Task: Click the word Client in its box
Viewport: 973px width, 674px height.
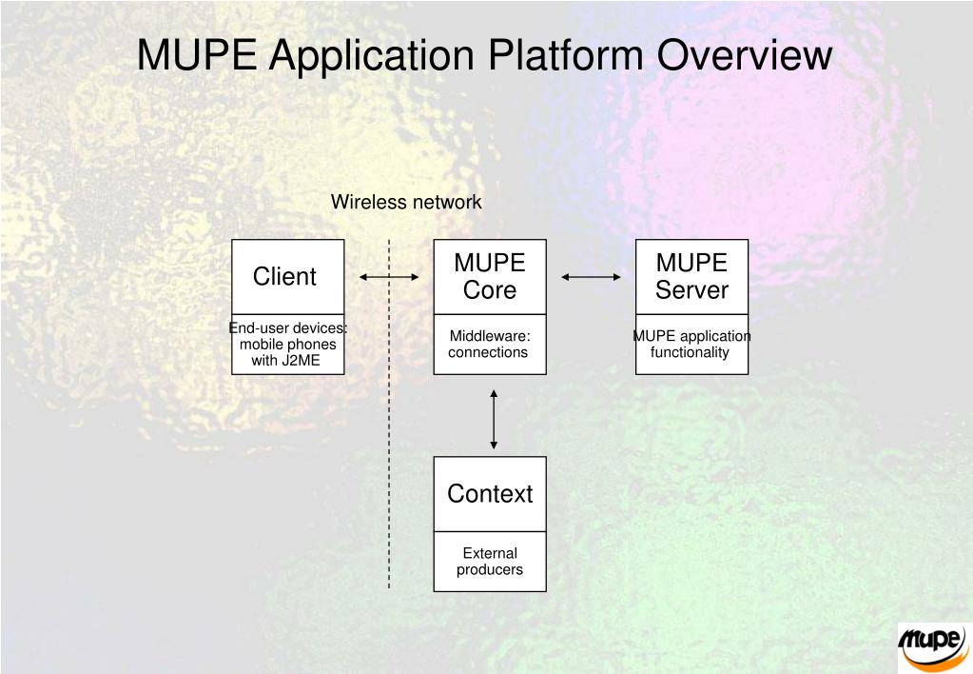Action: pyautogui.click(x=284, y=276)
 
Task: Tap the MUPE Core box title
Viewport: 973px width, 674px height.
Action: pyautogui.click(x=490, y=276)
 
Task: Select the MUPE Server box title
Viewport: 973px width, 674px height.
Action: pyautogui.click(x=691, y=276)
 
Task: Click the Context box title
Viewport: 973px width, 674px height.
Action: pyautogui.click(x=490, y=494)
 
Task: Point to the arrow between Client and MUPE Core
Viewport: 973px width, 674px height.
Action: pyautogui.click(x=389, y=277)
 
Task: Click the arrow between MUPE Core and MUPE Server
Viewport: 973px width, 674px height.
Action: pyautogui.click(x=591, y=277)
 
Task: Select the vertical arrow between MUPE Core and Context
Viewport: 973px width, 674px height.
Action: pyautogui.click(x=494, y=419)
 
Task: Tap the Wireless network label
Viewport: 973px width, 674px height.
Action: pyautogui.click(x=406, y=202)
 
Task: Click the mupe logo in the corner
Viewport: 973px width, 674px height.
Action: pyautogui.click(x=933, y=646)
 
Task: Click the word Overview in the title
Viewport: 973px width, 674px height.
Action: pyautogui.click(x=745, y=54)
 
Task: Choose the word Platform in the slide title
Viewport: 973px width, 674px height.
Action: pyautogui.click(x=565, y=54)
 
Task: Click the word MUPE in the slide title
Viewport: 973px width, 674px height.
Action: pyautogui.click(x=197, y=54)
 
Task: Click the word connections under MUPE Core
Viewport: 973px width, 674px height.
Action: pyautogui.click(x=488, y=352)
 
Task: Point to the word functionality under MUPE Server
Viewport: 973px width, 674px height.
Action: pyautogui.click(x=690, y=353)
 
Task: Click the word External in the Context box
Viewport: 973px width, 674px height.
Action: pyautogui.click(x=490, y=553)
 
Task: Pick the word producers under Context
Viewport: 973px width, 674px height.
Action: pyautogui.click(x=490, y=570)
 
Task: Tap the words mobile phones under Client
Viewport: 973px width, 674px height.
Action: pyautogui.click(x=288, y=345)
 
